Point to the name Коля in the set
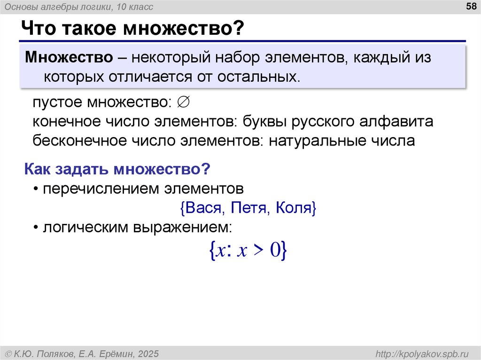295,207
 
